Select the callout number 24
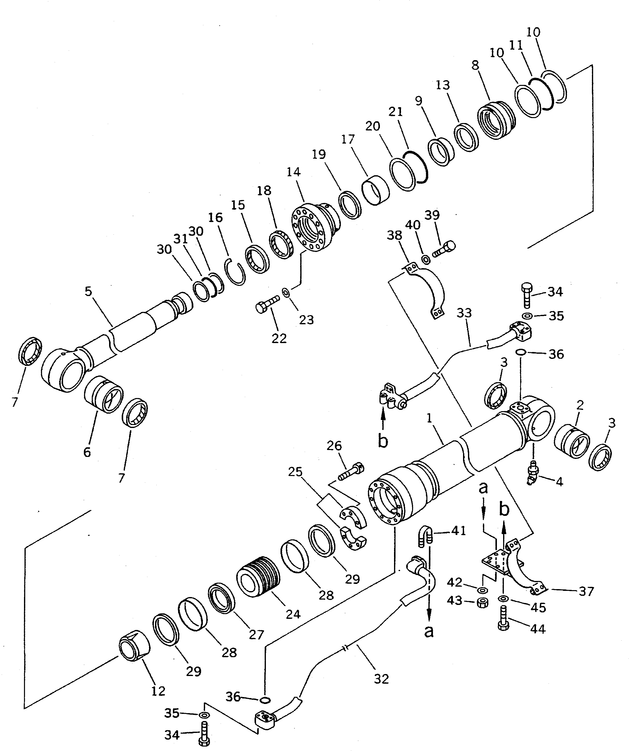[293, 614]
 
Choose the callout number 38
[394, 235]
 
